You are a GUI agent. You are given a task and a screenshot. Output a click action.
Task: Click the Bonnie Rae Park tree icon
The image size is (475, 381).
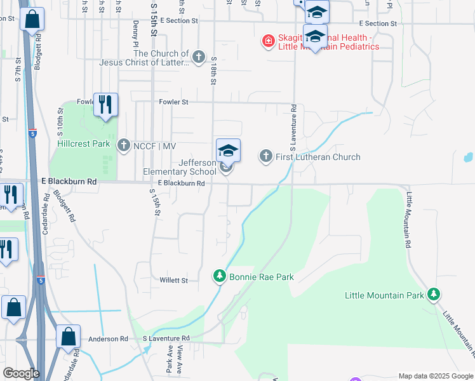click(x=220, y=276)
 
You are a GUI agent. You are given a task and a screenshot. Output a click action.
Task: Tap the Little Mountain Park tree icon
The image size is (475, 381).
click(x=434, y=294)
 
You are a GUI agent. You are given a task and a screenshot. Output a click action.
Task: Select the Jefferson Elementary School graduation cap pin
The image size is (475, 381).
click(x=228, y=151)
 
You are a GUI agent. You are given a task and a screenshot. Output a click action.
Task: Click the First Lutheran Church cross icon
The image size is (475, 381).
click(x=265, y=156)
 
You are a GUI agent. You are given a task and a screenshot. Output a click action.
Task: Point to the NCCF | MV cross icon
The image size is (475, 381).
click(x=124, y=145)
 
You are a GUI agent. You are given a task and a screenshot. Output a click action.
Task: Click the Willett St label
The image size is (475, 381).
click(x=173, y=280)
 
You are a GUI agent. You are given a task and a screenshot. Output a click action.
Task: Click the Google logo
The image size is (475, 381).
click(x=21, y=373)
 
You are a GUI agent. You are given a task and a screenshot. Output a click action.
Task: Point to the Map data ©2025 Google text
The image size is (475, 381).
click(x=436, y=376)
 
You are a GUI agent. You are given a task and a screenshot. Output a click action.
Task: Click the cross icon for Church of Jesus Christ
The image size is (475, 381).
click(x=199, y=58)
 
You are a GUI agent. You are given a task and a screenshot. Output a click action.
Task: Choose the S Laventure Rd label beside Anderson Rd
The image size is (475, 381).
click(x=166, y=339)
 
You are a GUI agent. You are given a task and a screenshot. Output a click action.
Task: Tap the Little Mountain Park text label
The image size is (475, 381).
click(x=385, y=295)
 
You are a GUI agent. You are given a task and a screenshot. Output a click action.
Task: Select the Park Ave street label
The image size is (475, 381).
click(x=170, y=359)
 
